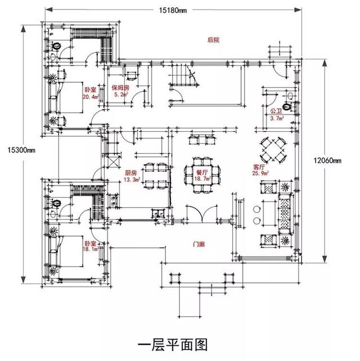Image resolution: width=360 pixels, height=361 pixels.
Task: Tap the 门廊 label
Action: tap(198, 244)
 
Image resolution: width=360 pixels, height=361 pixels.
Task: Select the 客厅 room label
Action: tap(260, 167)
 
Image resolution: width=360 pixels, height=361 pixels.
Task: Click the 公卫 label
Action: tap(276, 112)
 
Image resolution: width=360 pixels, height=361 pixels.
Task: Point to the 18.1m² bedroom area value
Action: tap(90, 248)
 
